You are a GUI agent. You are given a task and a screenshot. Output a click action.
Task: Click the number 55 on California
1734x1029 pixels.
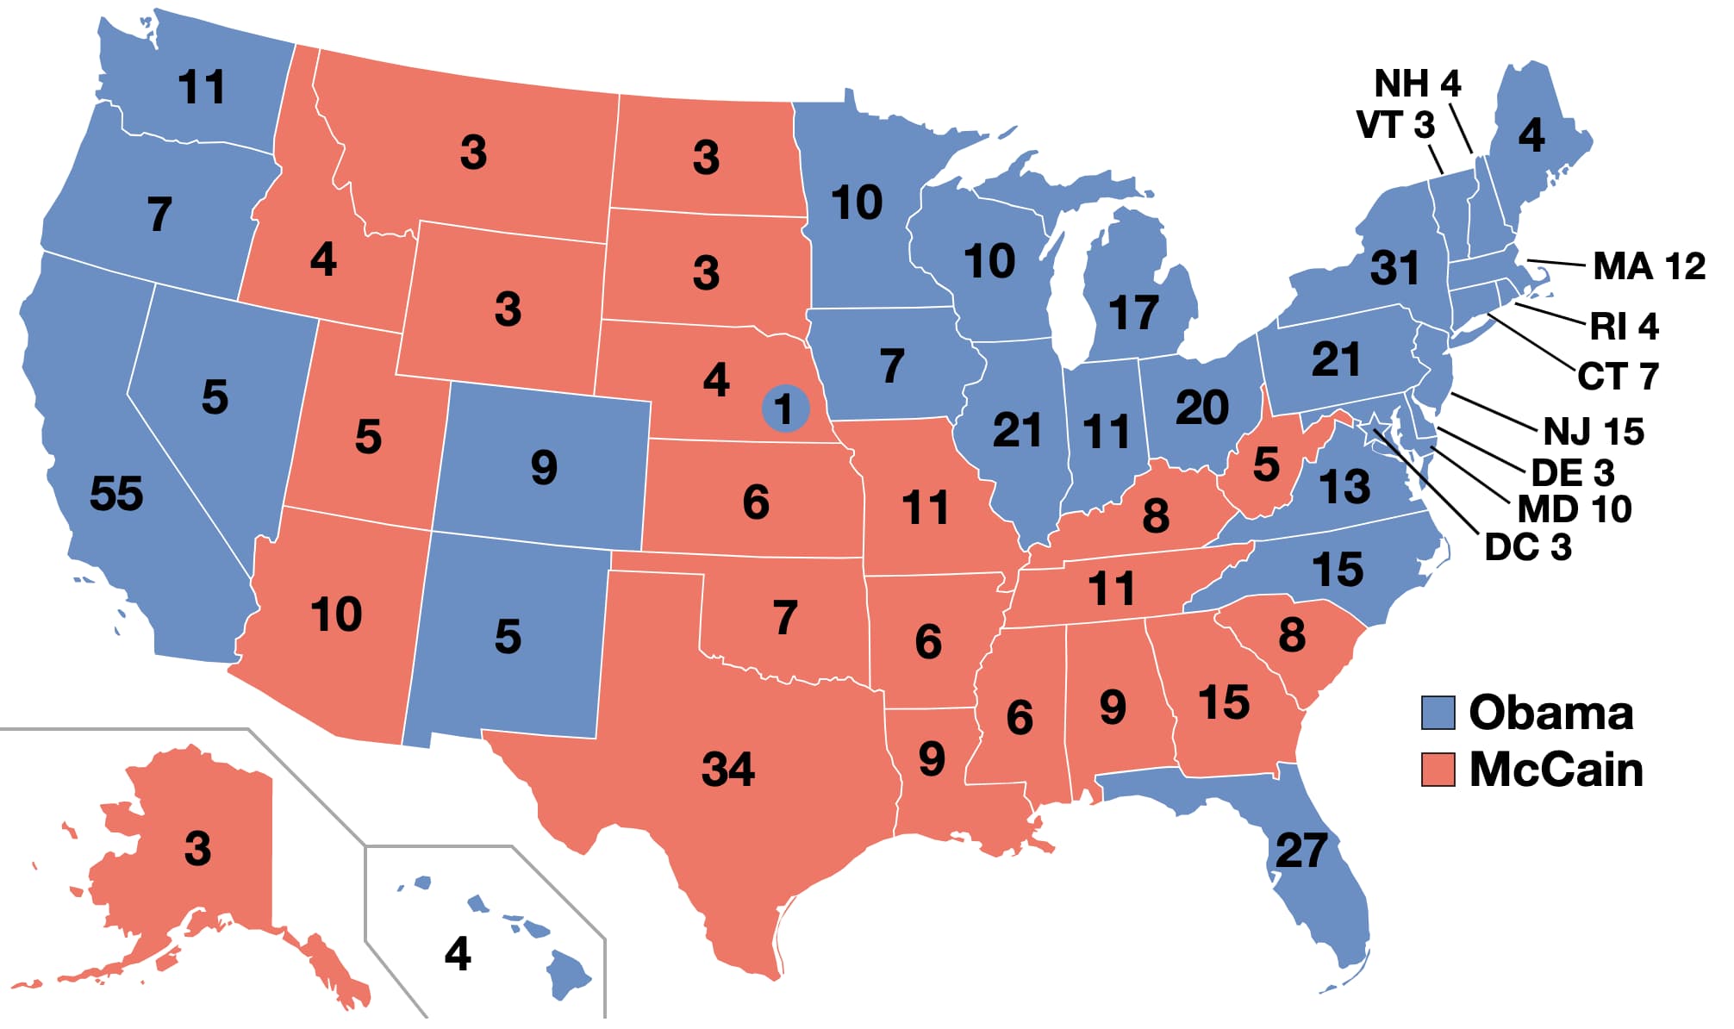pos(116,494)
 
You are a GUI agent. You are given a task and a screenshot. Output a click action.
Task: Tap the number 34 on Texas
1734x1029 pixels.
pos(728,769)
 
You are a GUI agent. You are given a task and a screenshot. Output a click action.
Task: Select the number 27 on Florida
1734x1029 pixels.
pos(1300,851)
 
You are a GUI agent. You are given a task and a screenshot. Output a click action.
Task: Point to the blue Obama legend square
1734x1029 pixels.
pos(1438,713)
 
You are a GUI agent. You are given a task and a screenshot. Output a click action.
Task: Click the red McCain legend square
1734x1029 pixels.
pos(1438,770)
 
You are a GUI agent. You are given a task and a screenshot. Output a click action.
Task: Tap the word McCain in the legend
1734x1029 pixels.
pos(1556,770)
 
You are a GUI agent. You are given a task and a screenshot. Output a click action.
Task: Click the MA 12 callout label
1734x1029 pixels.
pos(1649,265)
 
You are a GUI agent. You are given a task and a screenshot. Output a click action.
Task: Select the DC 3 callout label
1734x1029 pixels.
pos(1528,547)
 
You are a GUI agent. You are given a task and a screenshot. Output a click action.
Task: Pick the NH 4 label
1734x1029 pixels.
pos(1418,84)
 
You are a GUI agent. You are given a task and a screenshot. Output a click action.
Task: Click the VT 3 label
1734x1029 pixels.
pos(1395,125)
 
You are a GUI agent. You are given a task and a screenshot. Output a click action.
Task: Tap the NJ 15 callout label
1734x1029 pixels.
pos(1594,431)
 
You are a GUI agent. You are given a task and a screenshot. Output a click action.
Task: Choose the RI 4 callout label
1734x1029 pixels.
pos(1624,327)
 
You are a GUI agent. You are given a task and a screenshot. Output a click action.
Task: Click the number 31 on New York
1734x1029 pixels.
pos(1394,268)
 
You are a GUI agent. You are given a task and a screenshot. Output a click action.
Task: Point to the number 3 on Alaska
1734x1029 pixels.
pos(197,849)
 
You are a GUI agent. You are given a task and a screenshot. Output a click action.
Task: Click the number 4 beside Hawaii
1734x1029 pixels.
pos(458,954)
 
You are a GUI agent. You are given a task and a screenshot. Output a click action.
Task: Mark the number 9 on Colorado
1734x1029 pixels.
pos(544,468)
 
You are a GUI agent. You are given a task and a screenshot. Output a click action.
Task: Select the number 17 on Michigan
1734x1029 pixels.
pos(1133,313)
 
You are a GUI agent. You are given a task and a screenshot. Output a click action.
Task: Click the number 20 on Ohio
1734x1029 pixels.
pos(1202,408)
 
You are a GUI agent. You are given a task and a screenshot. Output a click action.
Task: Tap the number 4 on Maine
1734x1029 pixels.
pos(1531,135)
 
